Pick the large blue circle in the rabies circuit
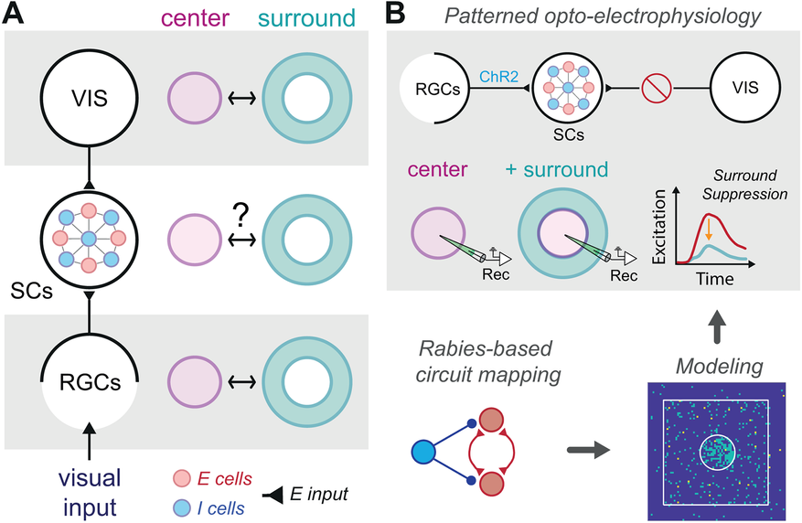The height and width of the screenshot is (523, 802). pyautogui.click(x=424, y=452)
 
